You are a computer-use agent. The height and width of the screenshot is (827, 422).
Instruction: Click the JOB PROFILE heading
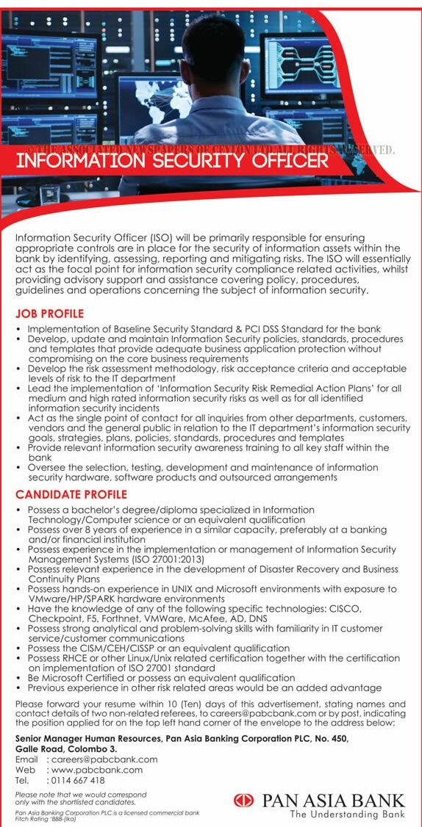(x=49, y=314)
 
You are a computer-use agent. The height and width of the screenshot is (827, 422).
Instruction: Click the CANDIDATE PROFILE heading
(x=71, y=494)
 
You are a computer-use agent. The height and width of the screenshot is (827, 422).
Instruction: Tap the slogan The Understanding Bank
(x=347, y=814)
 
